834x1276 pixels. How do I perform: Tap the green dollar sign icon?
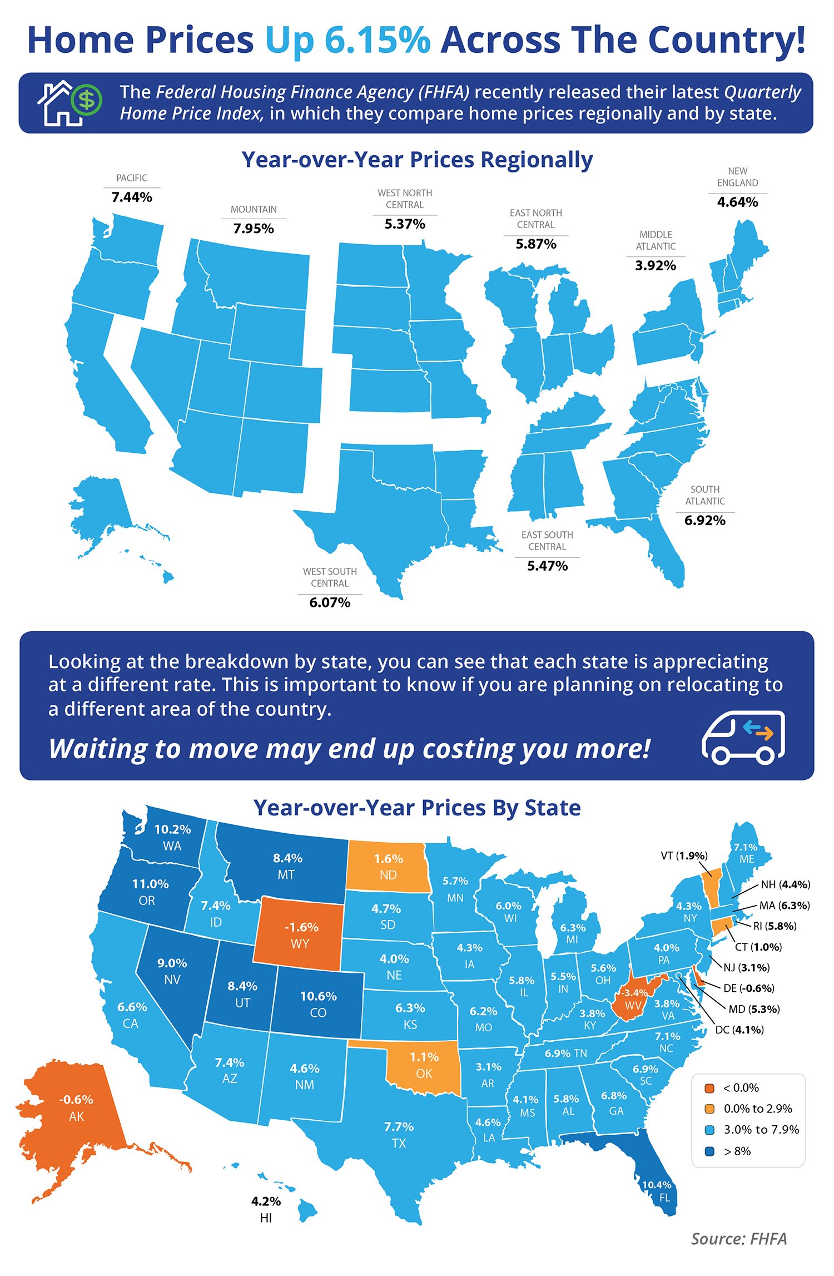pyautogui.click(x=87, y=101)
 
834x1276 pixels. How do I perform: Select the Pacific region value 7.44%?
pyautogui.click(x=132, y=197)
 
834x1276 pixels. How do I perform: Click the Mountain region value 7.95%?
pyautogui.click(x=254, y=228)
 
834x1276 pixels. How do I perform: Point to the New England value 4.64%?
pyautogui.click(x=737, y=202)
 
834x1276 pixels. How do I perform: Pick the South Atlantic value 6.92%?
pyautogui.click(x=704, y=520)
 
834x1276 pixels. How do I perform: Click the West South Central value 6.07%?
pyautogui.click(x=330, y=602)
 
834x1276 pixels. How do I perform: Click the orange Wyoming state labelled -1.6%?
pyautogui.click(x=300, y=935)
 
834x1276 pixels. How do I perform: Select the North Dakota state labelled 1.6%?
pyautogui.click(x=388, y=867)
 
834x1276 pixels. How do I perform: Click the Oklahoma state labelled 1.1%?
pyautogui.click(x=424, y=1065)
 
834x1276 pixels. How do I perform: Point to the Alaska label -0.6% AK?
pyautogui.click(x=76, y=1107)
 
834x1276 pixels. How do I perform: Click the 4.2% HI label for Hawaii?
pyautogui.click(x=266, y=1209)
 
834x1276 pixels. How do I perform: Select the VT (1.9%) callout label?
pyautogui.click(x=684, y=855)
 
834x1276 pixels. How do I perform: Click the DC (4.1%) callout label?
pyautogui.click(x=739, y=1030)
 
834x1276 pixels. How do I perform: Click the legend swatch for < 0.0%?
pyautogui.click(x=709, y=1088)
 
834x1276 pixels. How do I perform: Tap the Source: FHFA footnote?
pyautogui.click(x=738, y=1239)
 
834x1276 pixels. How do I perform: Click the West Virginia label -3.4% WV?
pyautogui.click(x=633, y=999)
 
